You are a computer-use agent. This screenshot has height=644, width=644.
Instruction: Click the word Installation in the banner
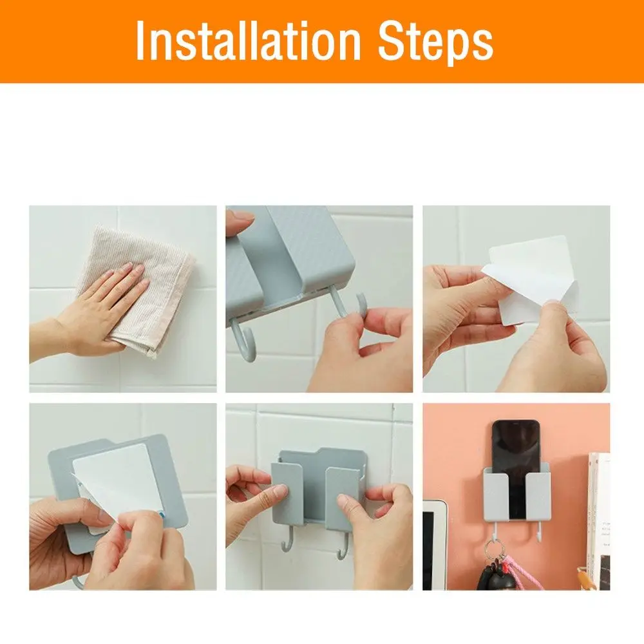[248, 40]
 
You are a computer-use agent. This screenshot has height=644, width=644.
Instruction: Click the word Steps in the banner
[435, 43]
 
